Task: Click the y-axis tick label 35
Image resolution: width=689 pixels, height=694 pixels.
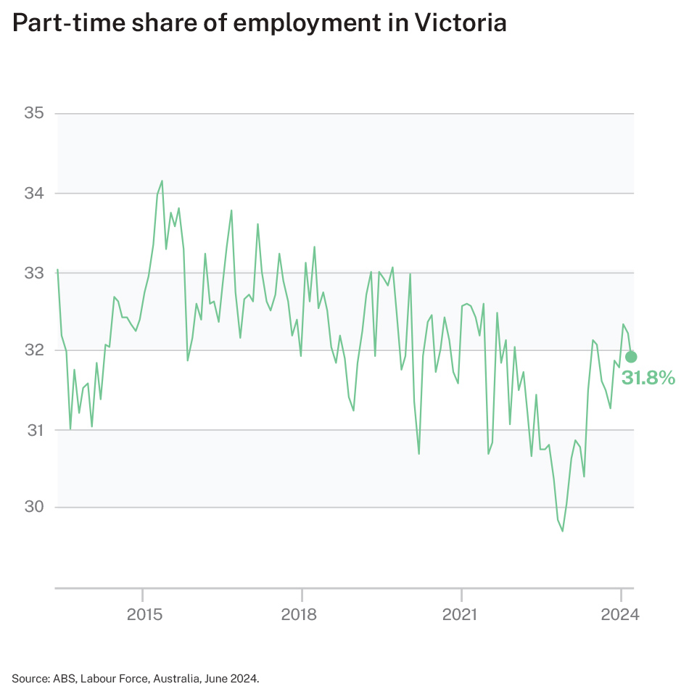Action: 34,113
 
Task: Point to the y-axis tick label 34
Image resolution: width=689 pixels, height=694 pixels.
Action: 34,194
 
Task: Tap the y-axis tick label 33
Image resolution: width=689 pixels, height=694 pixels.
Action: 34,273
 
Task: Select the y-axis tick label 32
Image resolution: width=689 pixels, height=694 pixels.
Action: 34,350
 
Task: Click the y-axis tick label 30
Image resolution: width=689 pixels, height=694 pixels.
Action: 34,507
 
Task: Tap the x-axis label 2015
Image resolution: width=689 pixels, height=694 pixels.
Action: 143,615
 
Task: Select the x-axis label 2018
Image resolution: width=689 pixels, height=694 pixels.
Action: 300,615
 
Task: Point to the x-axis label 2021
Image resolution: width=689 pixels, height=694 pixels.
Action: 460,615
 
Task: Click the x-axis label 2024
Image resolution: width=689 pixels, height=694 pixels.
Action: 620,615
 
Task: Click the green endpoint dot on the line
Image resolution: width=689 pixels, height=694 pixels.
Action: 631,356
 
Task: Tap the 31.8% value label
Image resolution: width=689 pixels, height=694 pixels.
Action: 648,377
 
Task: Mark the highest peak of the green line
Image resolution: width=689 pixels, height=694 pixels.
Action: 162,181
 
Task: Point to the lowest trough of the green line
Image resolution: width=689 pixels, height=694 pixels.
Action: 562,532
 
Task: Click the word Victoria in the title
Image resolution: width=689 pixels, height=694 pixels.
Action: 459,23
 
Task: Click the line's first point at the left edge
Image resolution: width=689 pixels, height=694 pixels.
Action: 57,270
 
